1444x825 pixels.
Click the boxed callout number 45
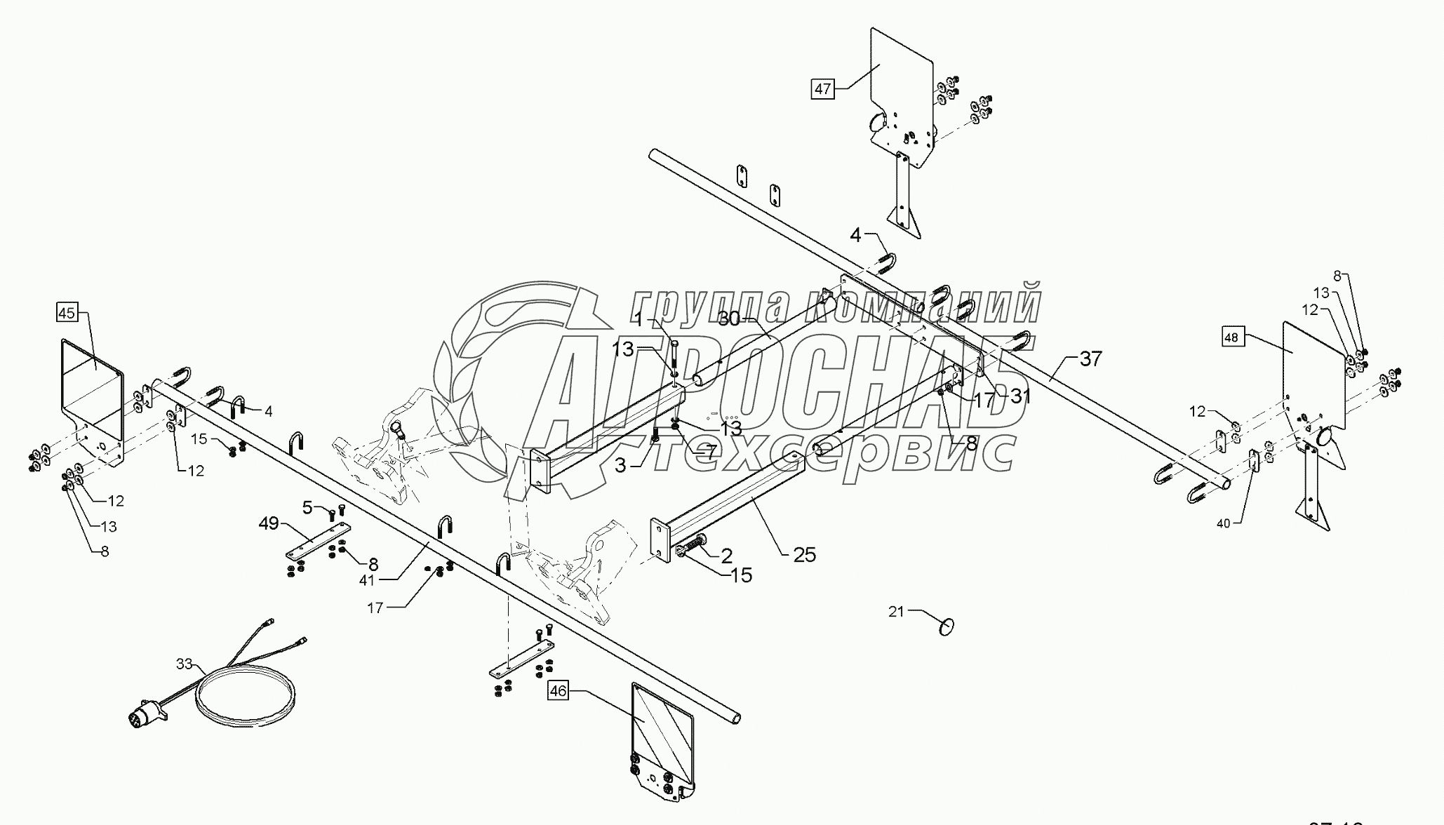click(x=67, y=313)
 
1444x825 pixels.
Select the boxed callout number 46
click(x=558, y=691)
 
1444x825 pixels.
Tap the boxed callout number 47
click(x=822, y=89)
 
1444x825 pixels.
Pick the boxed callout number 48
click(x=1231, y=337)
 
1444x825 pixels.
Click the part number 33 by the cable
click(x=184, y=663)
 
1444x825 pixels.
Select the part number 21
click(x=896, y=612)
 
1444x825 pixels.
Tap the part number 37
click(x=1090, y=359)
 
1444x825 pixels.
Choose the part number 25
click(x=805, y=555)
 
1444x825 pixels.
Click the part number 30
click(x=730, y=318)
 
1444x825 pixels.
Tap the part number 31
click(x=1020, y=396)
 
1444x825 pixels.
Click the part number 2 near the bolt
click(x=726, y=556)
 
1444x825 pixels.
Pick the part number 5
click(x=307, y=506)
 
